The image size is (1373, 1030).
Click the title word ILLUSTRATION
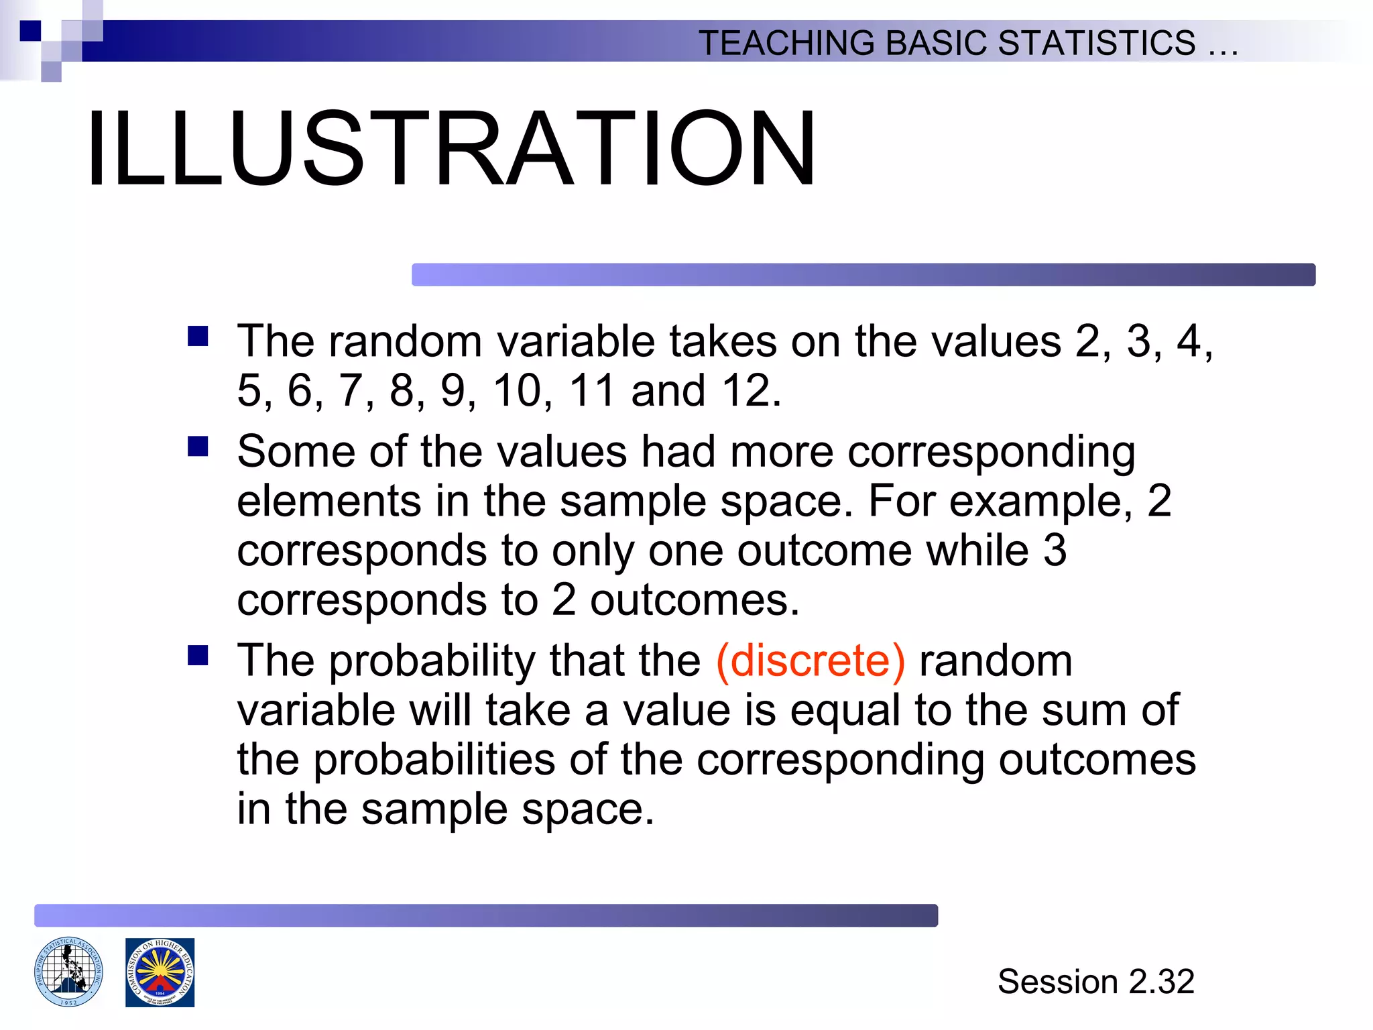click(451, 149)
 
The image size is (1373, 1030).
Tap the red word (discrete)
click(811, 661)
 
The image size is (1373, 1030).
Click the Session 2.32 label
click(1095, 982)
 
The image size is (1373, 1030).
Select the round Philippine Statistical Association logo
click(68, 972)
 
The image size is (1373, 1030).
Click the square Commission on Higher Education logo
click(160, 972)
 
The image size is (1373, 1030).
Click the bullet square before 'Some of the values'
click(198, 446)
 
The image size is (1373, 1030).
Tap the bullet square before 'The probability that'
click(198, 655)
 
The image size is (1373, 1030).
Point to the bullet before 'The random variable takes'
click(198, 335)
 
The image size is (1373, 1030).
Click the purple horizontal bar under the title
click(863, 275)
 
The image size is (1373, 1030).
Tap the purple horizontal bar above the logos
click(485, 915)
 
